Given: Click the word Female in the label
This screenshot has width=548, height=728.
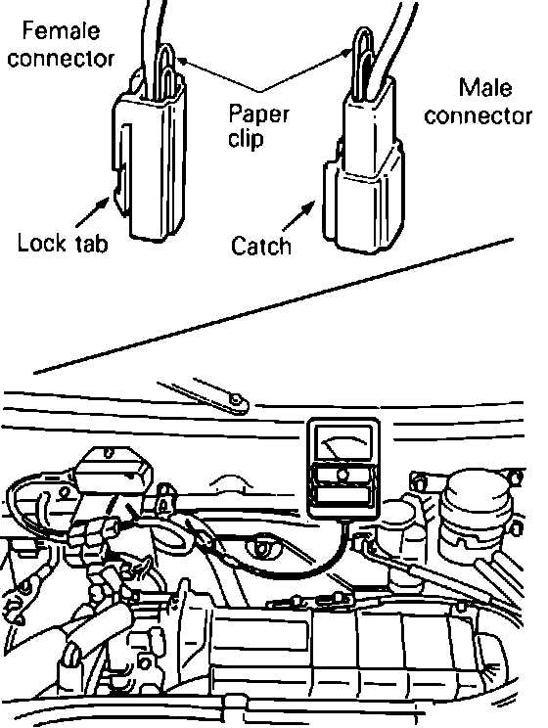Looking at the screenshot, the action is click(x=61, y=31).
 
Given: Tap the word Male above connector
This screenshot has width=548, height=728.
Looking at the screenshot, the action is click(x=485, y=88).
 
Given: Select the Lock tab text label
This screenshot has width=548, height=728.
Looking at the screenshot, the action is click(x=63, y=243).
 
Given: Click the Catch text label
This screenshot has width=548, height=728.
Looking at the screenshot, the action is click(x=261, y=246).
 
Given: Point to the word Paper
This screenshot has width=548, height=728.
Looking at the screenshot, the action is click(x=258, y=114).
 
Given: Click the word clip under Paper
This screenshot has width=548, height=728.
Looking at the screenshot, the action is click(x=246, y=138).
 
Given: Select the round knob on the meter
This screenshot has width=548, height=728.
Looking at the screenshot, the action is click(x=342, y=475).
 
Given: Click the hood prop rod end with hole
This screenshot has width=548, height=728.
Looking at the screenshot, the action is click(x=236, y=401).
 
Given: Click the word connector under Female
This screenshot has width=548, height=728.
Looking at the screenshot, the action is click(x=61, y=59).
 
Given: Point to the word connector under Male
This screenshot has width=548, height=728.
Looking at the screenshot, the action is click(x=478, y=116).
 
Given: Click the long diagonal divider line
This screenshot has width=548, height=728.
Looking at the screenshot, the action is click(x=274, y=306).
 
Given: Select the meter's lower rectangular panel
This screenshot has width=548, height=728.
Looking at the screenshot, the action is click(x=343, y=495).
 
